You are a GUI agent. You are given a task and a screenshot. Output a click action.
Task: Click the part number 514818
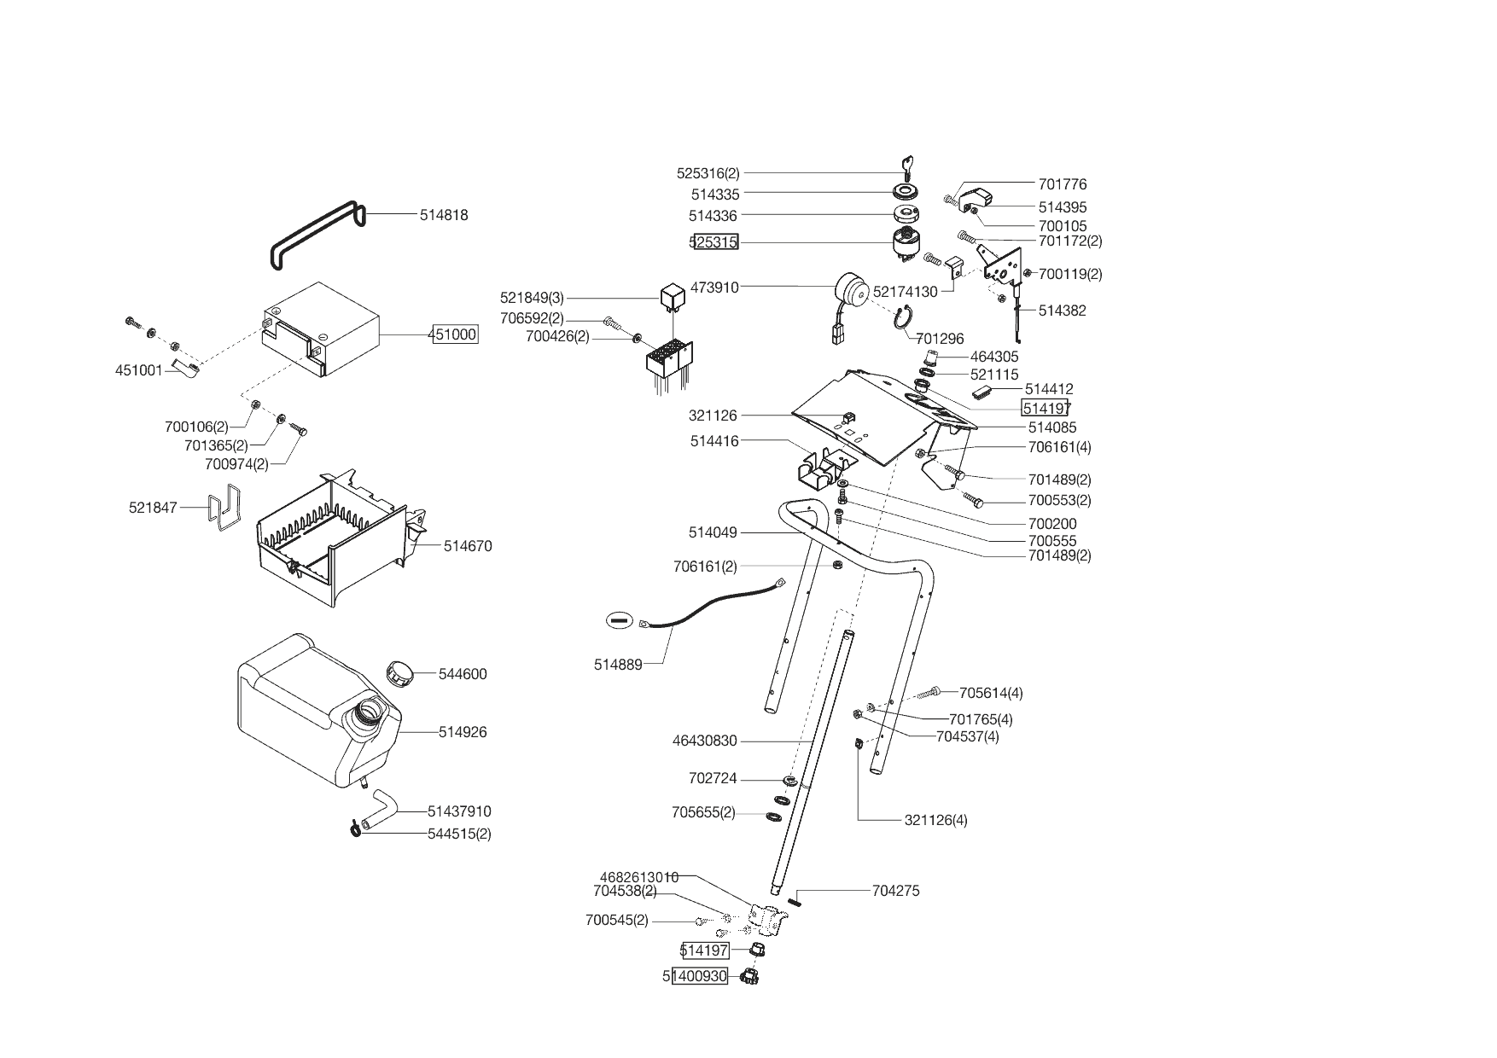(443, 215)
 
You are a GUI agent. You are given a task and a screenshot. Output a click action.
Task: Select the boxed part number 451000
(454, 334)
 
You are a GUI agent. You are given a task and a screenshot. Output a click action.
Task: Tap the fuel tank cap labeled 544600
(399, 671)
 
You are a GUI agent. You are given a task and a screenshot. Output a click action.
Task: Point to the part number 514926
(463, 732)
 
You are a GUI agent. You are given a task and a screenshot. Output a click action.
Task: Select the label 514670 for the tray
(468, 546)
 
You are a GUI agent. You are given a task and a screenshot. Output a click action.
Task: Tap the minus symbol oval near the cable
(620, 620)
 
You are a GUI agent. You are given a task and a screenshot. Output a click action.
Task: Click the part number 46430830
(704, 741)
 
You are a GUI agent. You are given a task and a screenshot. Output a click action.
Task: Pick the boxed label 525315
(714, 242)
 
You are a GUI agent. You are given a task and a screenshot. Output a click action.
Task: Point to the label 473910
(714, 288)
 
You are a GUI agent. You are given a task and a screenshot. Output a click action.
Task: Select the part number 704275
(895, 891)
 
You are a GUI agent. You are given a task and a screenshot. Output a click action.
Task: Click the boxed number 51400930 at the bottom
(696, 976)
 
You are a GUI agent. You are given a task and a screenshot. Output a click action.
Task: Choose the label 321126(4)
(935, 821)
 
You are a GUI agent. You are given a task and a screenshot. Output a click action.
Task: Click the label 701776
(1062, 184)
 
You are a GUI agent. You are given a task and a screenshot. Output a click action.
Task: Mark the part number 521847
(153, 508)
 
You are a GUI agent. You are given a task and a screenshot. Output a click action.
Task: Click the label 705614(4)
(990, 693)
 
